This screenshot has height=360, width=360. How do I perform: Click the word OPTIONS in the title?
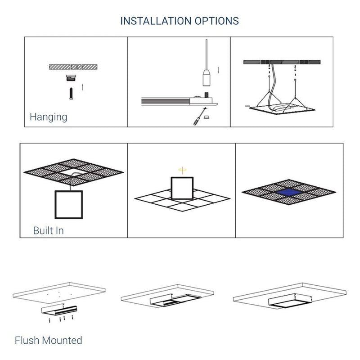[x=217, y=21]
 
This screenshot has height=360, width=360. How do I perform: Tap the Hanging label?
[x=49, y=117]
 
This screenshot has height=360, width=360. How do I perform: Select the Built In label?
[x=49, y=230]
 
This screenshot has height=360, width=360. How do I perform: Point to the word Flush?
[x=27, y=340]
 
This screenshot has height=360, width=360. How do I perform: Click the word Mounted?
[x=62, y=340]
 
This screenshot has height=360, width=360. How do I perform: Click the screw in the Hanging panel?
[x=71, y=94]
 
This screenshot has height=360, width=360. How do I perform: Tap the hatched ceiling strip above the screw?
[x=73, y=67]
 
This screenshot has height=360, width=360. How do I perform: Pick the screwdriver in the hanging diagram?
[x=199, y=117]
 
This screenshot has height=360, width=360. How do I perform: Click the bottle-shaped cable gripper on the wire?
[x=207, y=77]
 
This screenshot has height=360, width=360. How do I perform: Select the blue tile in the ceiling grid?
[x=289, y=192]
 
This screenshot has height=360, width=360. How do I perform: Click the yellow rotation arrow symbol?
[x=182, y=170]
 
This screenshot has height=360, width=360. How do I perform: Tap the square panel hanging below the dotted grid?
[x=69, y=205]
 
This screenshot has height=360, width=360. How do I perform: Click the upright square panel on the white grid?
[x=182, y=188]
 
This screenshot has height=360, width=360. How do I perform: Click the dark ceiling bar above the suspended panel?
[x=282, y=62]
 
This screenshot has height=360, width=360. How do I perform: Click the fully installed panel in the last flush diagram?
[x=290, y=301]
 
